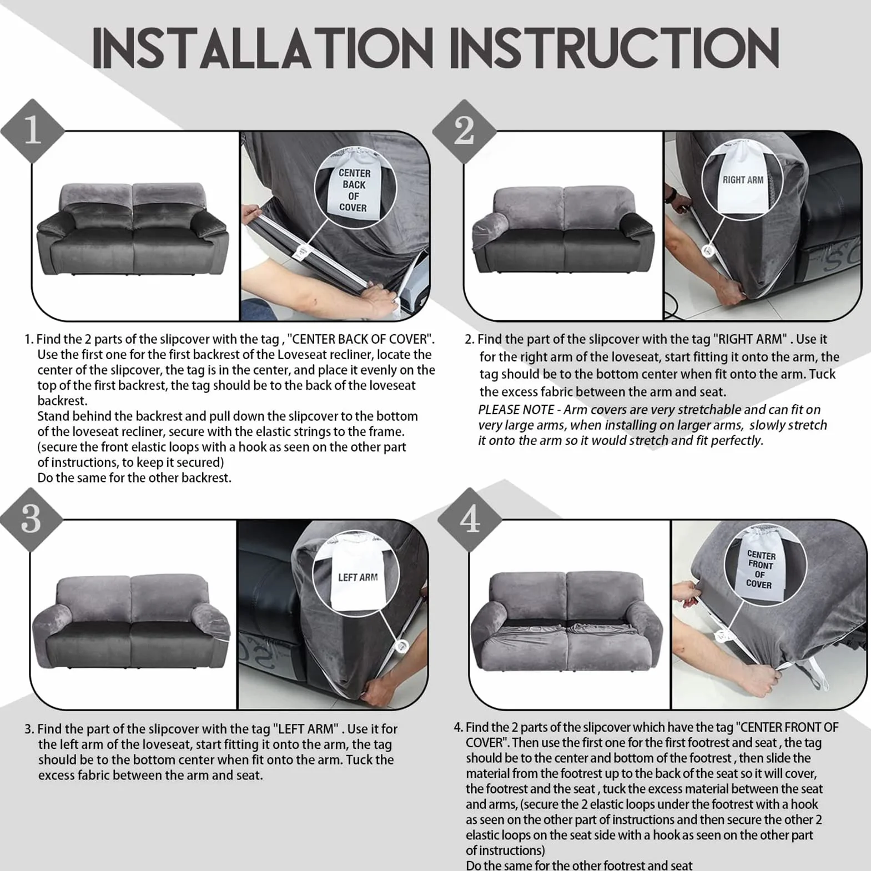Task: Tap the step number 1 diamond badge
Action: pyautogui.click(x=33, y=130)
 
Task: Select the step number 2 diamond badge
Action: pyautogui.click(x=464, y=131)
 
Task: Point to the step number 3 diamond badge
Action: pyautogui.click(x=31, y=520)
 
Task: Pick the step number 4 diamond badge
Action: pyautogui.click(x=470, y=520)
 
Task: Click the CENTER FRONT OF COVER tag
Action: pyautogui.click(x=759, y=569)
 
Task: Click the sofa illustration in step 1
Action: pyautogui.click(x=132, y=229)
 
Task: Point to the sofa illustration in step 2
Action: pyautogui.click(x=563, y=229)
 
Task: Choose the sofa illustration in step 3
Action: pyautogui.click(x=131, y=621)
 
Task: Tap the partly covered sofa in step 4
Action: pyautogui.click(x=567, y=621)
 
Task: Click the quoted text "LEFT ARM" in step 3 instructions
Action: pyautogui.click(x=305, y=729)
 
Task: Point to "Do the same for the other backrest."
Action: pyautogui.click(x=134, y=478)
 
